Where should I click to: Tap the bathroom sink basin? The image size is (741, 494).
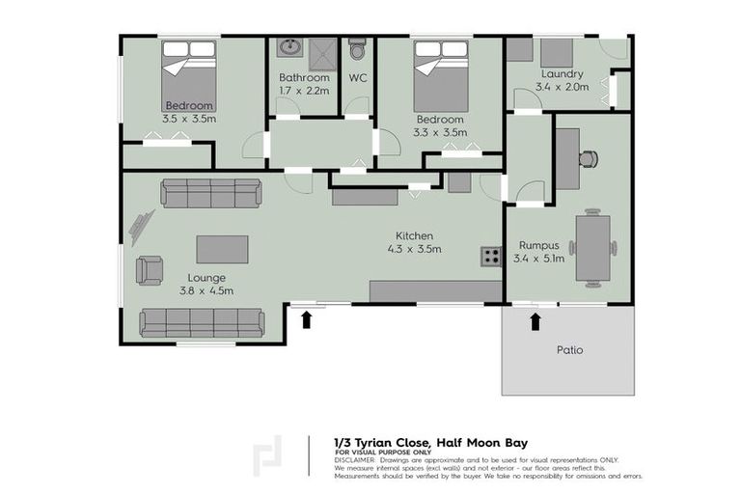coord(288,48)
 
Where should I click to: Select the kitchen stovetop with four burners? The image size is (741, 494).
coord(491,256)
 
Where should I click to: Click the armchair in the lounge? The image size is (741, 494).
coord(150,269)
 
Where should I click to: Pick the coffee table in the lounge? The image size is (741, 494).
coord(222,249)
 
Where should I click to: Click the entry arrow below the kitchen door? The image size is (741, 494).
coord(307,318)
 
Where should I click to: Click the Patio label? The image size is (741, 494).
coord(570,349)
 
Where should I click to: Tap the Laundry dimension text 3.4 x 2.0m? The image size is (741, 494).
coord(560,88)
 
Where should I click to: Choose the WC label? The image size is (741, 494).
coord(357,77)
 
